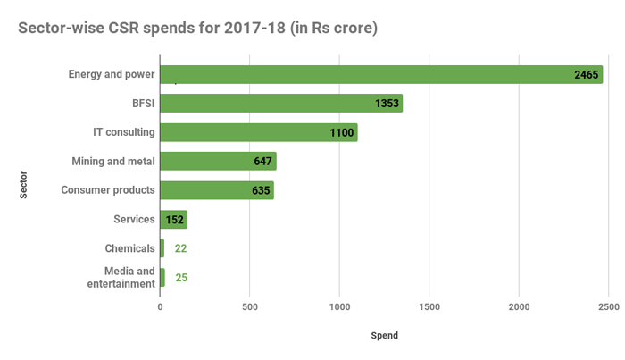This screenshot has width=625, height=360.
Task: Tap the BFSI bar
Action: pyautogui.click(x=280, y=104)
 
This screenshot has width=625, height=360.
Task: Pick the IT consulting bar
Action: pyautogui.click(x=258, y=132)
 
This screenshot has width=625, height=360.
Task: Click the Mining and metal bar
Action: pyautogui.click(x=218, y=162)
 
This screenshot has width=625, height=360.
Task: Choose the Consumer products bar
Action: pyautogui.click(x=216, y=190)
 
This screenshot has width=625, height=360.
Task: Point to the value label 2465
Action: pyautogui.click(x=587, y=75)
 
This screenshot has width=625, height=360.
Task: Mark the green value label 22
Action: pyautogui.click(x=181, y=248)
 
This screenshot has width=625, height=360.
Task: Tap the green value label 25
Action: pyautogui.click(x=181, y=278)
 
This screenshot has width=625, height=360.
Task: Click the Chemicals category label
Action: pyautogui.click(x=130, y=248)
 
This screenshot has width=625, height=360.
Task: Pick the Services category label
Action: pyautogui.click(x=135, y=219)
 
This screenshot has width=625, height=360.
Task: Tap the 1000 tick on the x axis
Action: pyautogui.click(x=339, y=307)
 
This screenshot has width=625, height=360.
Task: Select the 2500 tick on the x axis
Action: pyautogui.click(x=608, y=307)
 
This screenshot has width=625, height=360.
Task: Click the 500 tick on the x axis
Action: pyautogui.click(x=249, y=307)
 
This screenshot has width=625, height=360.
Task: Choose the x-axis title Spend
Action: pyautogui.click(x=384, y=336)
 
